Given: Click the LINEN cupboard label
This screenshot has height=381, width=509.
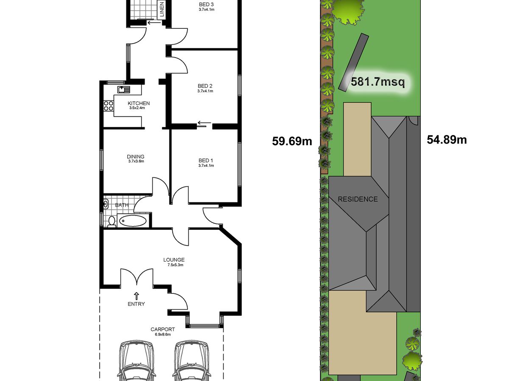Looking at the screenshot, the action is point(162,9).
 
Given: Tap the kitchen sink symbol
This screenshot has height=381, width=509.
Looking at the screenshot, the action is point(123,89).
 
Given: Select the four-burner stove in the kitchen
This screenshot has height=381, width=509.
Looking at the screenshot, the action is point(108,106).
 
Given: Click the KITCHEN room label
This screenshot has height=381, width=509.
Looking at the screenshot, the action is point(139,103).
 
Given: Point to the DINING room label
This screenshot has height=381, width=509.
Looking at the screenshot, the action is point(136,157).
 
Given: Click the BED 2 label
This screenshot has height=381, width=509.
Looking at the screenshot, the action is point(205,86).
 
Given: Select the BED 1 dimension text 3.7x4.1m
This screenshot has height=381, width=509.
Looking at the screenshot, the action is point(206,166).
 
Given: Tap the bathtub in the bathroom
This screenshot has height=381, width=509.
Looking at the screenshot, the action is point(133,221).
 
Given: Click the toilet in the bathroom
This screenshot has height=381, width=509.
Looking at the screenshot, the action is point(112,222).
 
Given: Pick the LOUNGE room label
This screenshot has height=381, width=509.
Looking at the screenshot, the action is point(174,260).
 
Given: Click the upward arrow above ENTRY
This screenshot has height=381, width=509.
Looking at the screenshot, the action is point(137,296).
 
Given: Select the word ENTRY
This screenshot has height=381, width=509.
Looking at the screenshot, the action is point(136,304).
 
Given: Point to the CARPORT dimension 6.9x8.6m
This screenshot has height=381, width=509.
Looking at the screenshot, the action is point(163,334).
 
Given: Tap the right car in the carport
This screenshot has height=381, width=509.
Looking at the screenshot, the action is point(192,361).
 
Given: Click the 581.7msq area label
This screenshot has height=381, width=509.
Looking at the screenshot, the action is point(378,82).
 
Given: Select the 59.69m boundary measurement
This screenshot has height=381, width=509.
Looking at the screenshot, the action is point(292,141).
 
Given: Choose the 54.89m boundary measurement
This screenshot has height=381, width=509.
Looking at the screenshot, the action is point(447,140).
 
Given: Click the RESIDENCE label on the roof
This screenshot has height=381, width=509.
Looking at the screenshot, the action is point(358,199).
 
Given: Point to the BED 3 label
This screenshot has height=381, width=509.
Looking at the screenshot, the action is point(206,4).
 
